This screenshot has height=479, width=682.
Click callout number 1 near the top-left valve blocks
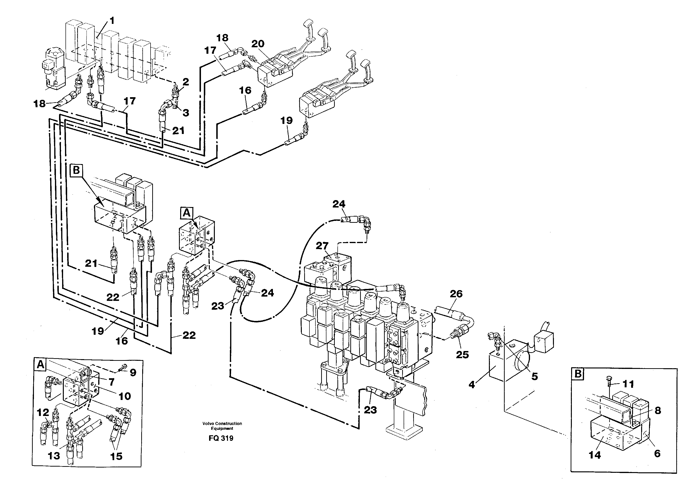tap(112, 21)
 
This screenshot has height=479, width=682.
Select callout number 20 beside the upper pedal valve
tap(258, 44)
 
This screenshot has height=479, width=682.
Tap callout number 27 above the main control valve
tap(322, 246)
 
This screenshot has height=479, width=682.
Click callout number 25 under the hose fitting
tap(462, 355)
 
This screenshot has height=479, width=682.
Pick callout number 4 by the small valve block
tap(472, 385)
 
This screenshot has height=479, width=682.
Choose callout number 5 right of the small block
tap(534, 376)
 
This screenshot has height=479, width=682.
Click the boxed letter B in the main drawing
tap(76, 170)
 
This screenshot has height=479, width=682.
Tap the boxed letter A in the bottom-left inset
tap(41, 365)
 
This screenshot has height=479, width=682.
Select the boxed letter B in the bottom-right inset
tap(578, 374)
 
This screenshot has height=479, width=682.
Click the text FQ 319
tap(221, 438)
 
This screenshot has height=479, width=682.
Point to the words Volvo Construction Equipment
tap(222, 426)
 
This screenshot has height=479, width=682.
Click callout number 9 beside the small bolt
tap(133, 373)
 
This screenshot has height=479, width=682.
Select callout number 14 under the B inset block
tap(595, 455)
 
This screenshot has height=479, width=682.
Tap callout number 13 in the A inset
tap(54, 456)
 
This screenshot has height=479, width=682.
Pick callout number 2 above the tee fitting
tap(186, 82)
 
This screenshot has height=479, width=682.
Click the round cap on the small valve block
tap(522, 362)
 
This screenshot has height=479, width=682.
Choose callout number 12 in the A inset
tap(43, 413)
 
